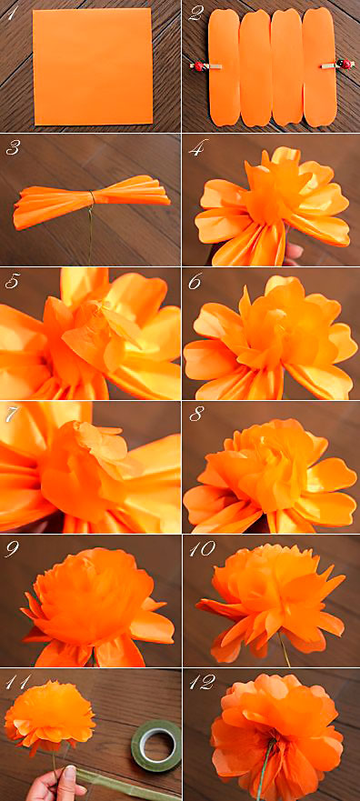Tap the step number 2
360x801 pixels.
[x=195, y=14]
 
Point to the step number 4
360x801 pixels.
[x=195, y=150]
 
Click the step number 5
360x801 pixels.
[x=13, y=283]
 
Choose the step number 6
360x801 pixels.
[x=195, y=283]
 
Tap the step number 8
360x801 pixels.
[x=195, y=416]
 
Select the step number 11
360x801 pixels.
[x=17, y=683]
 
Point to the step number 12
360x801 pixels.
[x=201, y=683]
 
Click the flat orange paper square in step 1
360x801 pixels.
[x=93, y=67]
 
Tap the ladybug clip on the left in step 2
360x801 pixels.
[x=200, y=65]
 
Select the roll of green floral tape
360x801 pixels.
[x=156, y=746]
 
